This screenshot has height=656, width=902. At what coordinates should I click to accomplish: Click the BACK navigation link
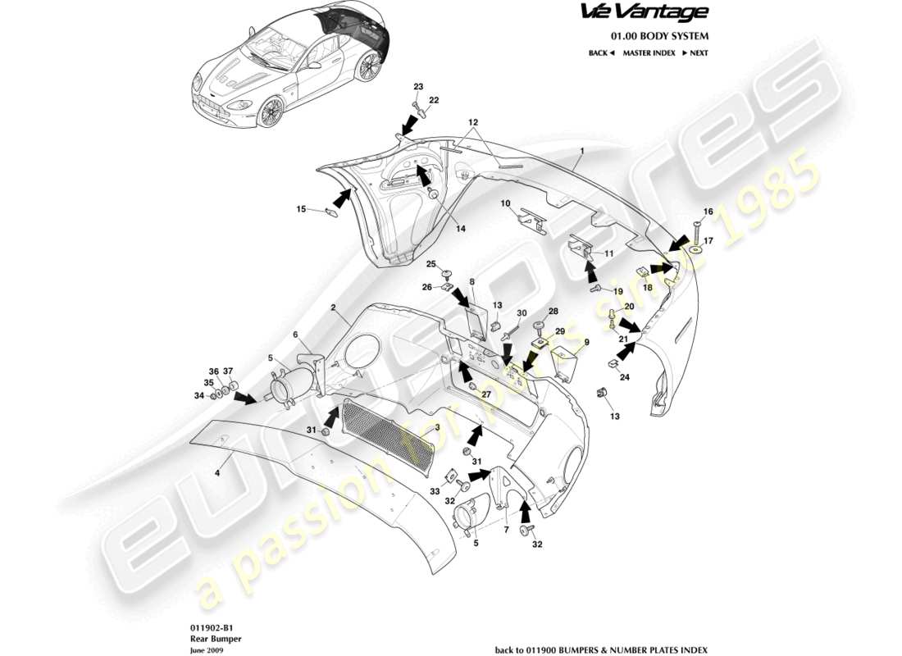[601, 52]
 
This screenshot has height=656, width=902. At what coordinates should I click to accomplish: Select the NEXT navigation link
[695, 52]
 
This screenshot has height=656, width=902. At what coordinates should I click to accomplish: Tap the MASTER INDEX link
[649, 52]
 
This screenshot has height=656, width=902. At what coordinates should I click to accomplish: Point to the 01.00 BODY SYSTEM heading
[659, 36]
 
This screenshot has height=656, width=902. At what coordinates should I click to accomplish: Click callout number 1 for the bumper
[581, 151]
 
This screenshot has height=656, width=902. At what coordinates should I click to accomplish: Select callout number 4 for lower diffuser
[217, 472]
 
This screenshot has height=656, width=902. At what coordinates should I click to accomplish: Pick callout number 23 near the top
[418, 87]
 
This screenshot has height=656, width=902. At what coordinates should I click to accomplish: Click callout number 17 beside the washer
[708, 240]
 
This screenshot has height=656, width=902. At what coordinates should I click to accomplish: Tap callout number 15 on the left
[301, 209]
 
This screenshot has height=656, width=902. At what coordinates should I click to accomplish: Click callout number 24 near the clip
[624, 377]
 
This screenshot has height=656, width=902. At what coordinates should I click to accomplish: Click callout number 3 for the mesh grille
[437, 428]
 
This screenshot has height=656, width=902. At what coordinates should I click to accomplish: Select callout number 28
[553, 312]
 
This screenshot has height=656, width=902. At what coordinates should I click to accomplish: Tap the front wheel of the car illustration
[270, 112]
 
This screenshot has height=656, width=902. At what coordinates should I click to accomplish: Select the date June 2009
[200, 649]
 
